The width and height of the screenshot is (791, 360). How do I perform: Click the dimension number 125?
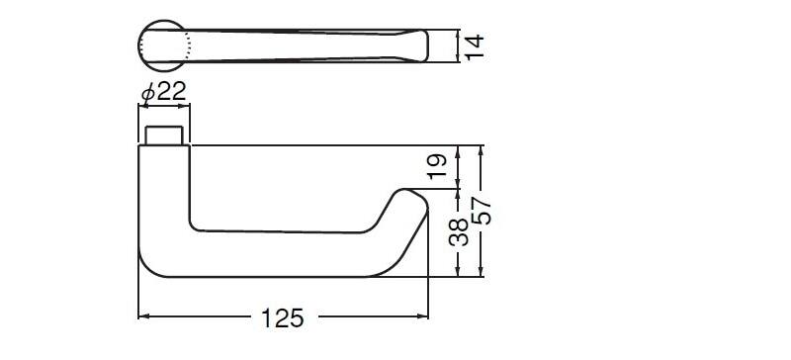coord(283,318)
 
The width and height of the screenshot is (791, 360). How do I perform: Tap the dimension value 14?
coord(475,46)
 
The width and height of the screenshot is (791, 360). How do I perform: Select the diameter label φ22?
coord(164,91)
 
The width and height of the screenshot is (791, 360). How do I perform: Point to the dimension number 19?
coord(437,166)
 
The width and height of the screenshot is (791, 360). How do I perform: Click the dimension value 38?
coord(459,232)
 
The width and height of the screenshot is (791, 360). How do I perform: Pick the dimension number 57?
coord(481,211)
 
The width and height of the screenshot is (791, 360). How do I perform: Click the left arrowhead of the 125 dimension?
coord(143,316)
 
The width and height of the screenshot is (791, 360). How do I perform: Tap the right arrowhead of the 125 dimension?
coord(423,316)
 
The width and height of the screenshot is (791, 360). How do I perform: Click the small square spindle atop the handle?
coord(164,135)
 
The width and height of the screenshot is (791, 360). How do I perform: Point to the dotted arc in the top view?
coord(189,45)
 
